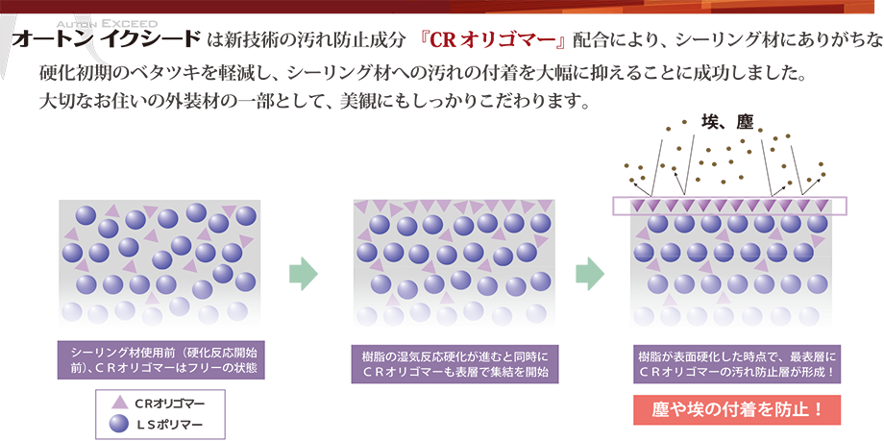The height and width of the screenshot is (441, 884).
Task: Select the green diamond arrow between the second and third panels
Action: click(x=587, y=267)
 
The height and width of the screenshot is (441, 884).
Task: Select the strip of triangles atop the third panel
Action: click(x=736, y=206)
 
